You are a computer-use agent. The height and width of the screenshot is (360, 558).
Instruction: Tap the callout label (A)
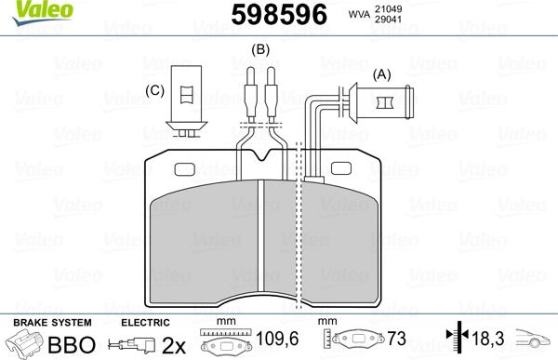(381, 73)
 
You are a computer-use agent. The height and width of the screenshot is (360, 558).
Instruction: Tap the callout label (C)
(155, 90)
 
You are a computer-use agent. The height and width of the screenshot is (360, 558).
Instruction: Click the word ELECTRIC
(145, 322)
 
